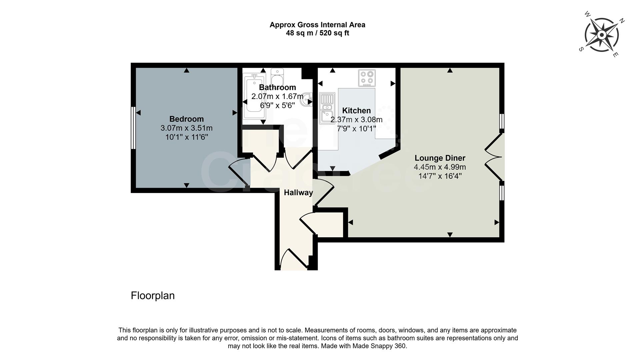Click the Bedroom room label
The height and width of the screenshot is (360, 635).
coord(186,119)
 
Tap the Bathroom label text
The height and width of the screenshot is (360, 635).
coord(277,87)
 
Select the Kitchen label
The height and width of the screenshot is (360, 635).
coord(356,111)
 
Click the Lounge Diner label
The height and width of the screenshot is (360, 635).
coord(440,158)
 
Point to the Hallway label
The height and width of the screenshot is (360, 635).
coord(298,193)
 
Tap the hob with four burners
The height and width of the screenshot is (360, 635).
coord(367,78)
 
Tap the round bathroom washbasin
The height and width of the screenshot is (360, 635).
coord(306,99)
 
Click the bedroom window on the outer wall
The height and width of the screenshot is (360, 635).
coord(133,128)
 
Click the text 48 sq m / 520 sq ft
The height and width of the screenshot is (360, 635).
coord(317,33)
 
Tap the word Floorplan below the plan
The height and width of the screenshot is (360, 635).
coord(153,296)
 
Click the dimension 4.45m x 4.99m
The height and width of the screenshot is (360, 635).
coord(440,167)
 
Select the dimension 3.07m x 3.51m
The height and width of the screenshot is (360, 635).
coord(186,128)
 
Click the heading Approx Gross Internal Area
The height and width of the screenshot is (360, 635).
coord(317,25)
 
